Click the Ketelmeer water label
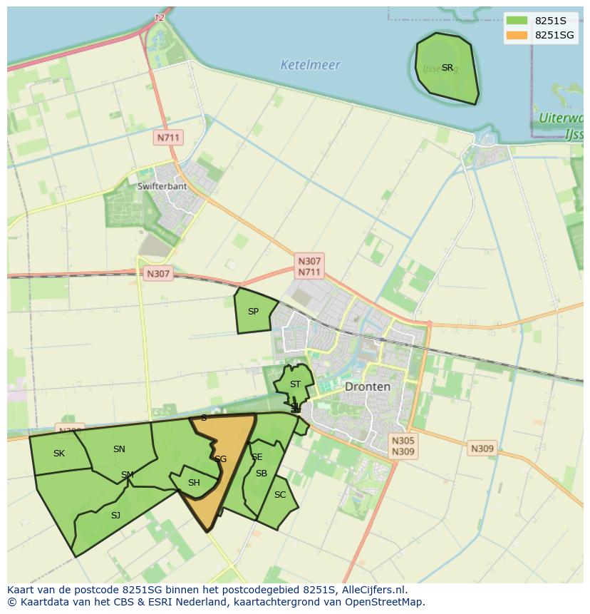310,65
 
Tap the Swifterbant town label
162,186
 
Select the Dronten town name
367,387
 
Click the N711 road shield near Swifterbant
169,137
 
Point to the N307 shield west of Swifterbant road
158,273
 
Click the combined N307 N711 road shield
309,267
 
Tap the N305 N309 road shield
403,446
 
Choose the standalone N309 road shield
482,449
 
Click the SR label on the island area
447,68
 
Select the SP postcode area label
253,312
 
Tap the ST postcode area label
295,384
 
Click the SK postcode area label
59,454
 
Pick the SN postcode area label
119,449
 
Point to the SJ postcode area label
115,515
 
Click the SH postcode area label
194,483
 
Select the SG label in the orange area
220,459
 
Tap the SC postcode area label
280,495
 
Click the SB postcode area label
262,474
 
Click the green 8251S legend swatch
517,21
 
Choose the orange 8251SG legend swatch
517,35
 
